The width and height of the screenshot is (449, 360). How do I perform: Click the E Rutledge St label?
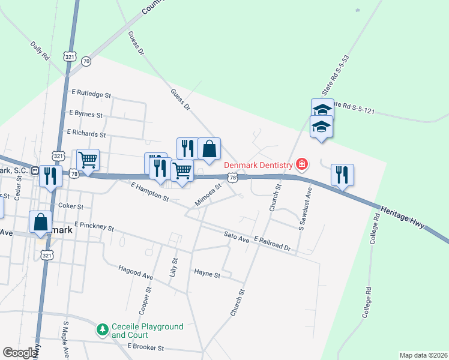[x=91, y=94]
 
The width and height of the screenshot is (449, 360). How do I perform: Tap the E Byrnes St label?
[x=86, y=113]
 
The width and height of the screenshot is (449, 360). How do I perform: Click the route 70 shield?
[x=86, y=61]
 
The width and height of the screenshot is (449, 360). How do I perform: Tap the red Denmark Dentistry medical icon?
[x=302, y=164]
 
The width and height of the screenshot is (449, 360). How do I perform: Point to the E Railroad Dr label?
[x=272, y=244]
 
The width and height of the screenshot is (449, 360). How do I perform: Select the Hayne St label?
[x=207, y=274]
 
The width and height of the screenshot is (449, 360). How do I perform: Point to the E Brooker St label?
[x=146, y=347]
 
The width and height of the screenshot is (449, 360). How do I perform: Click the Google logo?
[x=20, y=353]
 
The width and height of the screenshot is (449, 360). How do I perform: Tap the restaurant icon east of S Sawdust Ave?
[x=342, y=175]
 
